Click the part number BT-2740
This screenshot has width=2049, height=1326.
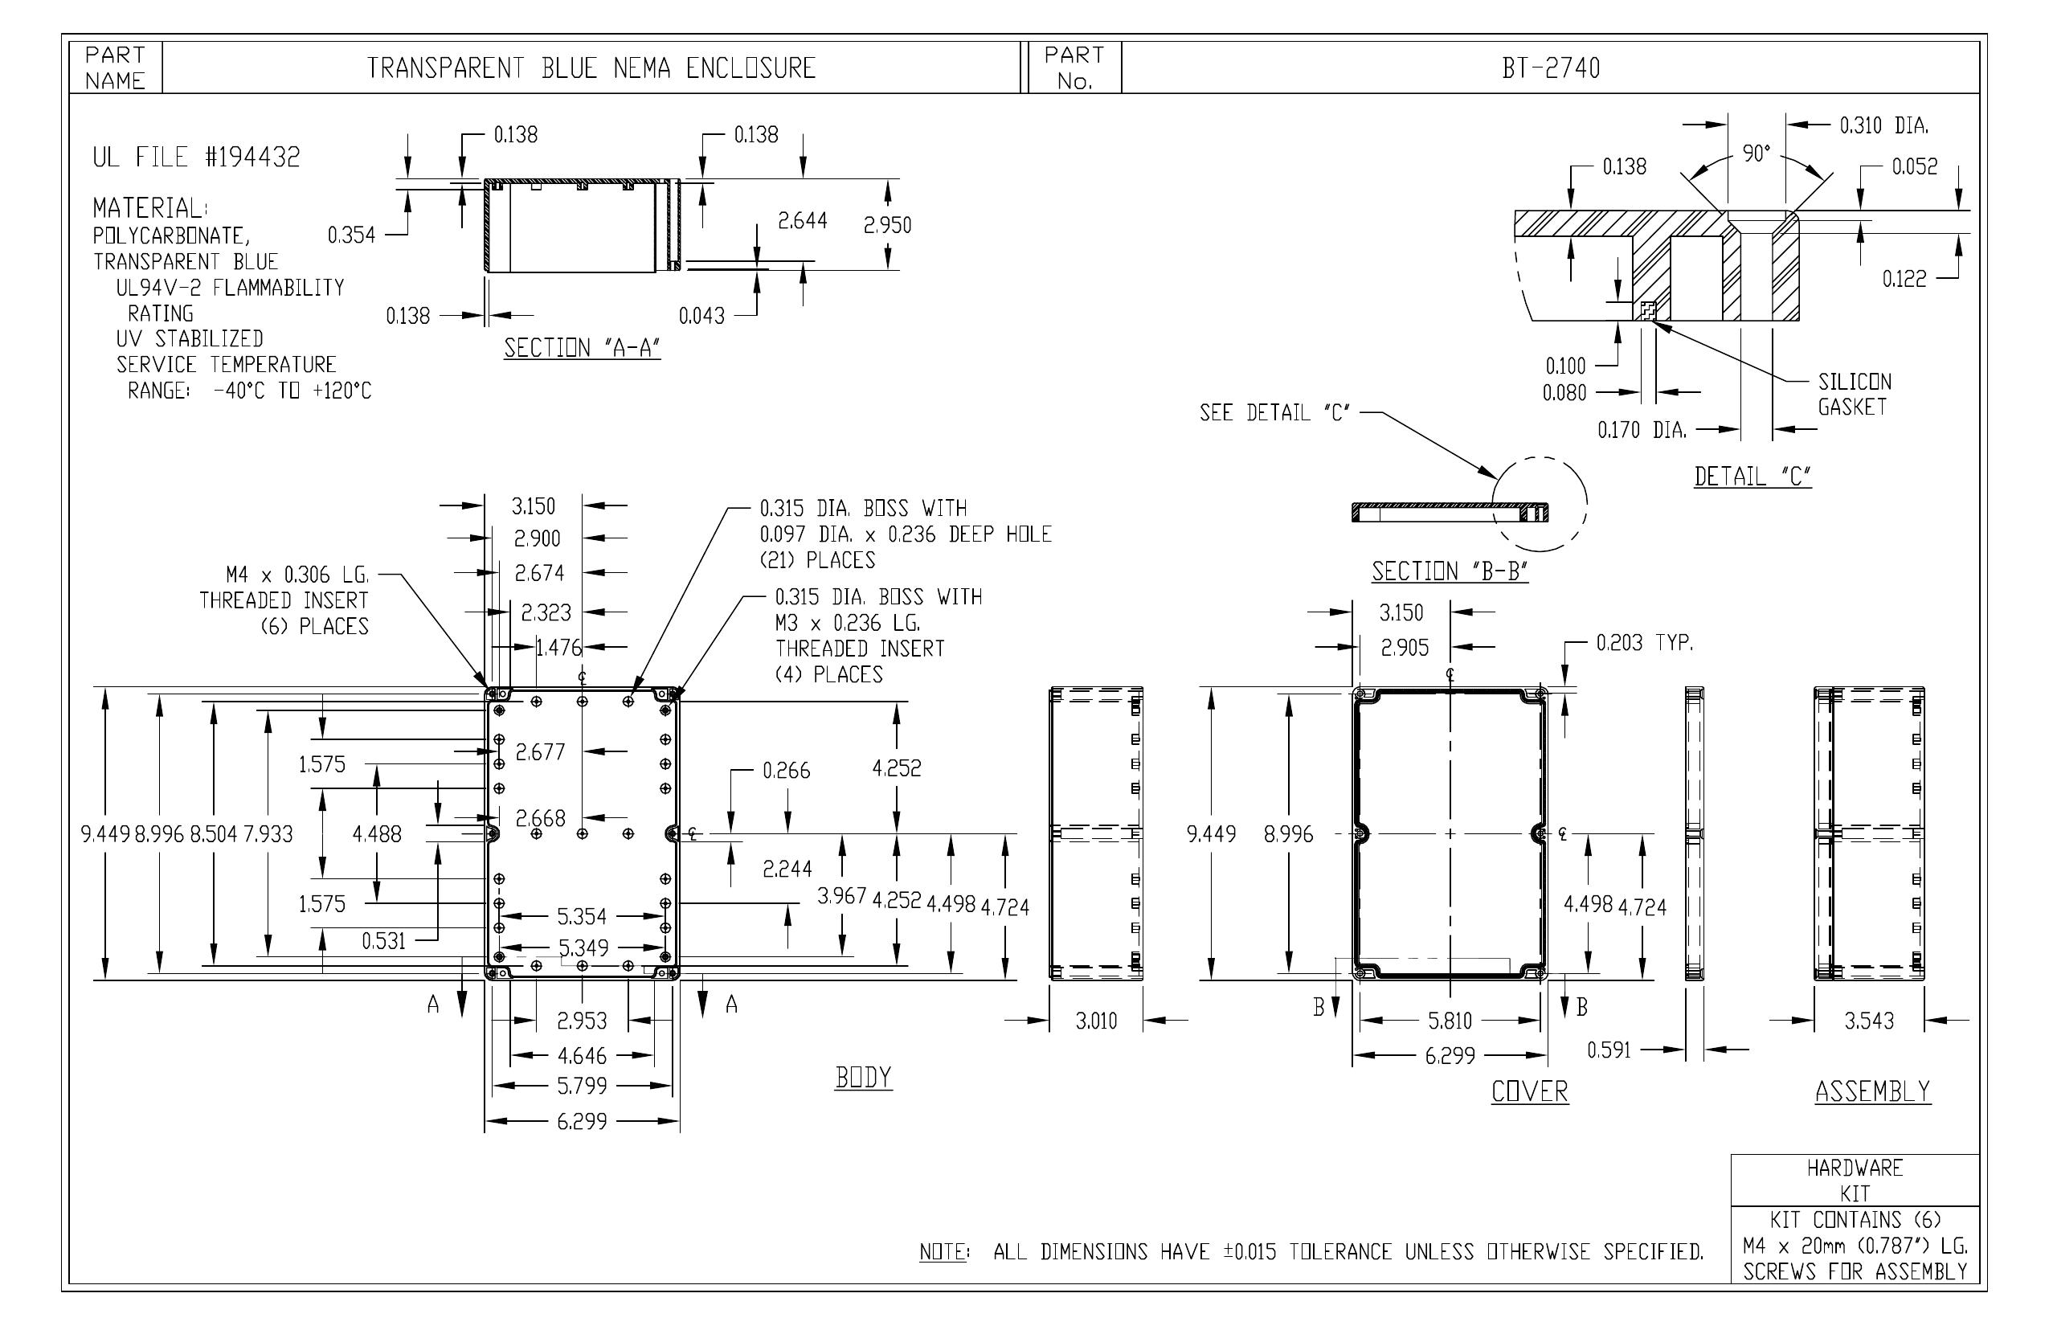tap(1551, 68)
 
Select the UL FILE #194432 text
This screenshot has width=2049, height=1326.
tap(196, 157)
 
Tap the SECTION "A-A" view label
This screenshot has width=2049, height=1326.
tap(582, 348)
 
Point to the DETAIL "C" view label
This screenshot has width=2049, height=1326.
tap(1752, 476)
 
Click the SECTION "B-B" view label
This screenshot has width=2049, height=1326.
tap(1450, 571)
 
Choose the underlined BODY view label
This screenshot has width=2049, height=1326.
tap(864, 1077)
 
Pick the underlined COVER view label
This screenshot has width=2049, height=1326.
tap(1530, 1092)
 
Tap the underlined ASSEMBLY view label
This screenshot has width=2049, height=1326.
tap(1872, 1092)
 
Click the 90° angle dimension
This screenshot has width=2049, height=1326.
tap(1757, 153)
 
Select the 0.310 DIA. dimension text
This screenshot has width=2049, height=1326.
tap(1883, 125)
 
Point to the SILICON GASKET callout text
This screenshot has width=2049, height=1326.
tap(1855, 395)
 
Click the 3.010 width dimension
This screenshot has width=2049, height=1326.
tap(1096, 1021)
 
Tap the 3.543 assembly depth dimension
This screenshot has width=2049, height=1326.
tap(1869, 1021)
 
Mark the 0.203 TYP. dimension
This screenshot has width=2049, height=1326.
tap(1644, 642)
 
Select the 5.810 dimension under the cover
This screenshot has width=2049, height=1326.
tap(1450, 1021)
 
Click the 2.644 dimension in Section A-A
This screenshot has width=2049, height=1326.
tap(803, 221)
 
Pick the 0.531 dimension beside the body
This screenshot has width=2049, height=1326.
tap(383, 941)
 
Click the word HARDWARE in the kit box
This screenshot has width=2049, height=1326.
tap(1855, 1168)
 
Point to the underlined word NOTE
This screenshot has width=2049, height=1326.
tap(943, 1252)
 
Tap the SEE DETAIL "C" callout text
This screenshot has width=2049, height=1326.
tap(1275, 413)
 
